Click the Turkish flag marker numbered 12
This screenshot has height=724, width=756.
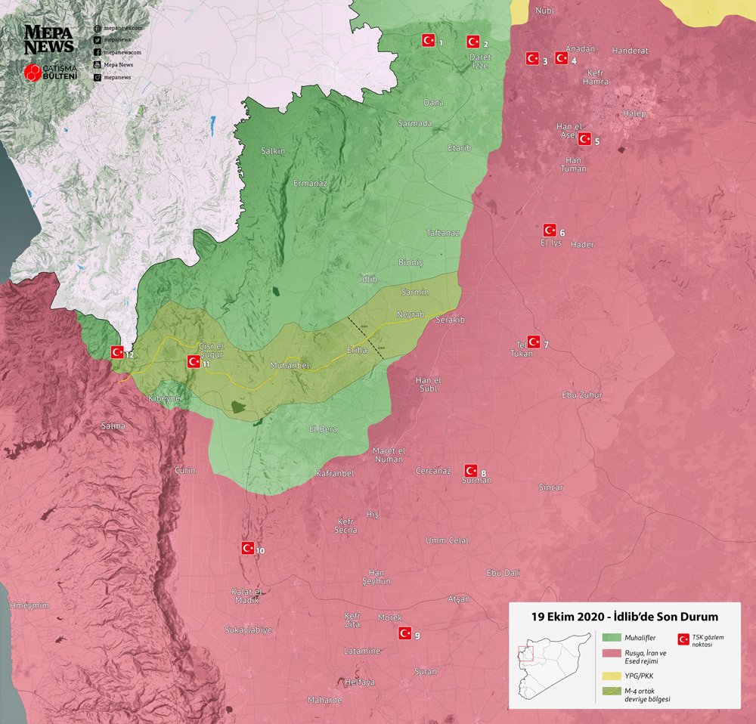(117, 351)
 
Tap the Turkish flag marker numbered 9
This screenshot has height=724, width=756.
(404, 633)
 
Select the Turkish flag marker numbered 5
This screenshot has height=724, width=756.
(584, 138)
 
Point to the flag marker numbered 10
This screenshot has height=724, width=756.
(247, 548)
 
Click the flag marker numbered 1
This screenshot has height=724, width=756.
(427, 40)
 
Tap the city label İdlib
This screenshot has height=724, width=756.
(368, 279)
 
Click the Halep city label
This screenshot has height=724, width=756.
(635, 113)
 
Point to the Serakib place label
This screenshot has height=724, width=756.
(450, 320)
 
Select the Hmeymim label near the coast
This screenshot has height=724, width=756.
(29, 605)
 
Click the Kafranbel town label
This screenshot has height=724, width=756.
(334, 473)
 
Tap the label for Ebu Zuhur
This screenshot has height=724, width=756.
(582, 394)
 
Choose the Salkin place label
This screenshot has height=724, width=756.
(273, 151)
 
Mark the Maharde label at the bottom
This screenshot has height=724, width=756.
(324, 700)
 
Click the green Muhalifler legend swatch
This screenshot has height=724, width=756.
(609, 638)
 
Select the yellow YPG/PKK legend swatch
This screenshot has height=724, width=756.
(609, 675)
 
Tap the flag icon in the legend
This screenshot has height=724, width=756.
(684, 639)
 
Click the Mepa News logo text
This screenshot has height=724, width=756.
(49, 39)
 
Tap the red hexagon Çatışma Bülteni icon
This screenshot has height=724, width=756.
(33, 73)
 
